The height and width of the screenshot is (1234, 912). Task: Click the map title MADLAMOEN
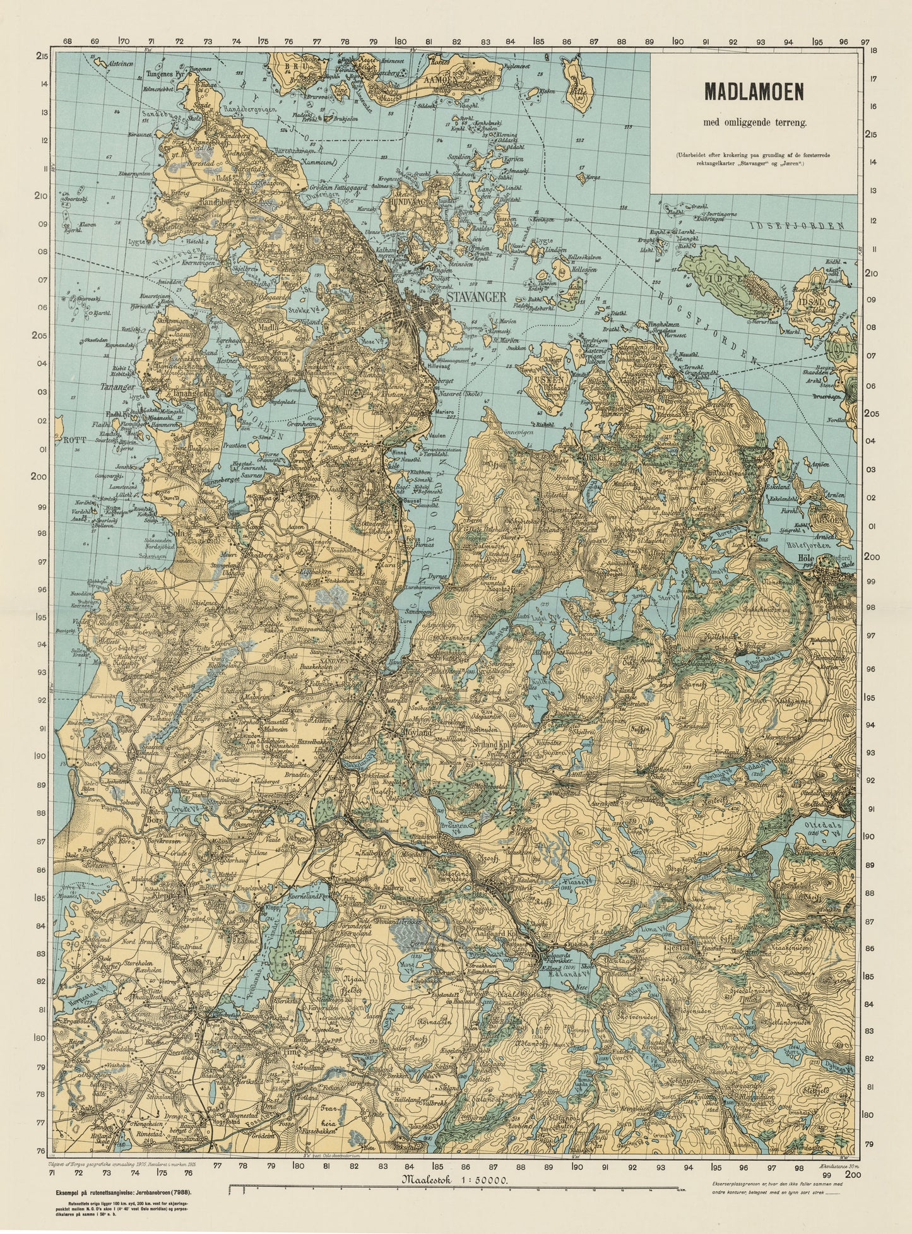click(754, 92)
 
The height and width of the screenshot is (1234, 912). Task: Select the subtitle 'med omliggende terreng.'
click(754, 123)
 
